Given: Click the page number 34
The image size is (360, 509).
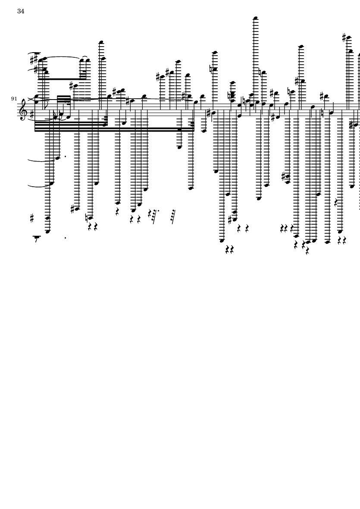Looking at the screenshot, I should [21, 11].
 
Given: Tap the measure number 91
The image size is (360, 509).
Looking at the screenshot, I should [14, 99].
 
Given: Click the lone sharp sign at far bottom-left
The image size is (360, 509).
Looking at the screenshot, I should [32, 219].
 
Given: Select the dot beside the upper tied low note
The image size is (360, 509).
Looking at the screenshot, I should [65, 156].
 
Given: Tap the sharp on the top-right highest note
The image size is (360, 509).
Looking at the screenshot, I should [344, 37].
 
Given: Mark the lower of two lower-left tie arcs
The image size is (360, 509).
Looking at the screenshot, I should [39, 186].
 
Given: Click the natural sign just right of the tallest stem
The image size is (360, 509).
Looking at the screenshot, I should [261, 72].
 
